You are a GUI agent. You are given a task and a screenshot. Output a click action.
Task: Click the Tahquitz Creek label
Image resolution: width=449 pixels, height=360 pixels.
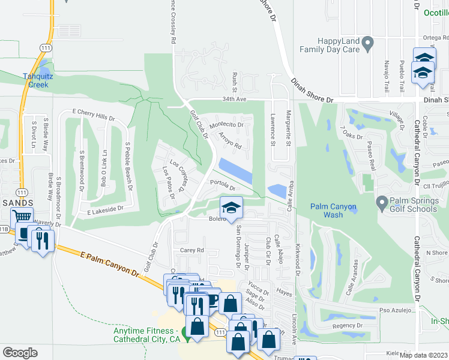(35, 80)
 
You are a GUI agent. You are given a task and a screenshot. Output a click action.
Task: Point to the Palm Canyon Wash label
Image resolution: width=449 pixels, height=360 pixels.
(333, 211)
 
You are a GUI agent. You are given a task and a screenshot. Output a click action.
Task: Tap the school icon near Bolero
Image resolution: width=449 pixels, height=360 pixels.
(231, 208)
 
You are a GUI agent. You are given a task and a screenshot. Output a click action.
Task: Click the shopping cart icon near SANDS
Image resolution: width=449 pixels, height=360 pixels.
(22, 218)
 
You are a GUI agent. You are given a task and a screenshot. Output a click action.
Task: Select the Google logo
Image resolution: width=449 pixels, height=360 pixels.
(20, 352)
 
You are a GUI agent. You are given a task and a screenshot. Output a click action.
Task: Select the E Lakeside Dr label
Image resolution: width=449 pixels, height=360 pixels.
(104, 209)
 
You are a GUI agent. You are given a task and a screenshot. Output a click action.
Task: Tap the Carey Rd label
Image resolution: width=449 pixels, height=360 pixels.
(192, 250)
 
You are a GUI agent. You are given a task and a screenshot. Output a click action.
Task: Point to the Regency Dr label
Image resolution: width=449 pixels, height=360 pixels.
(345, 325)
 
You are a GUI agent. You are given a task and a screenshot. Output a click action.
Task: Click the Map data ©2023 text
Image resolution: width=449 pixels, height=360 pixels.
(423, 355)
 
